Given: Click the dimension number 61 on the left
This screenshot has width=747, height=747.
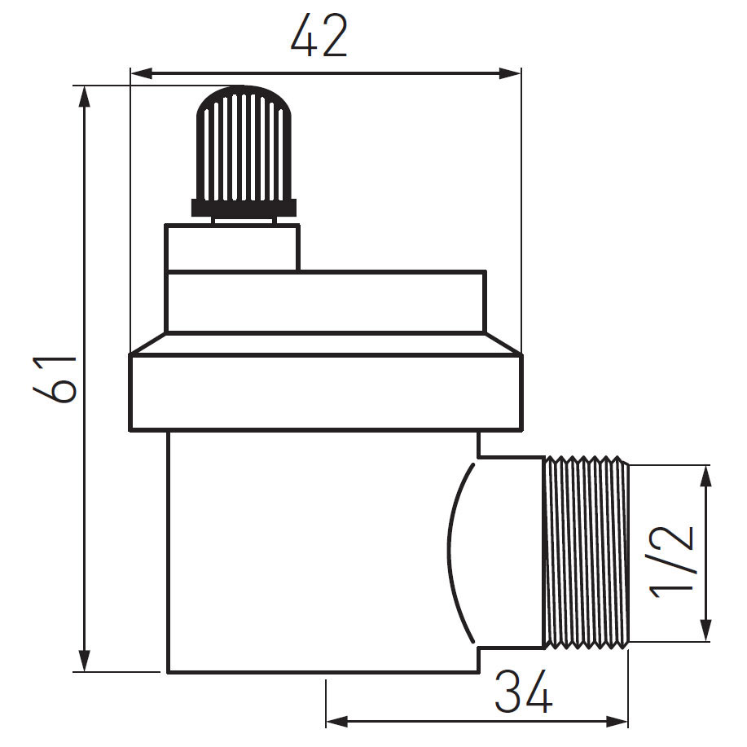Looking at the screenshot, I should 56,379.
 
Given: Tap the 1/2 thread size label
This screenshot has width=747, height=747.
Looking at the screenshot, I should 673,561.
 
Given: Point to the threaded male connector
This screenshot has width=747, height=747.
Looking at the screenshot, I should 586,552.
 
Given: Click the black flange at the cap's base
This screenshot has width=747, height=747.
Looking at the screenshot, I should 244,208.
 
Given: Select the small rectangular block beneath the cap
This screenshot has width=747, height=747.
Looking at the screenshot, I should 231,248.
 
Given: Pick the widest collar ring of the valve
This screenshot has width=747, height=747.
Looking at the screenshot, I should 325,392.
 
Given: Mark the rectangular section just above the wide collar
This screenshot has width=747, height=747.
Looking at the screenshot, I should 326,302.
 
